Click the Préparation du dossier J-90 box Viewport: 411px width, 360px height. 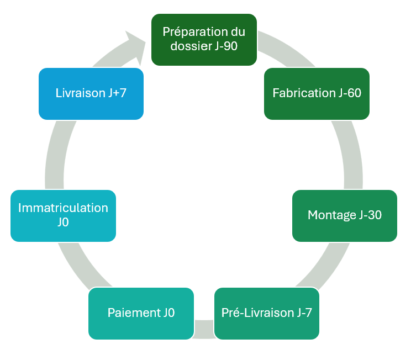[x=204, y=40]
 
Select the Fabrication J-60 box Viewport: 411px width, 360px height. [x=317, y=94]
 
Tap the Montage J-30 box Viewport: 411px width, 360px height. [x=345, y=216]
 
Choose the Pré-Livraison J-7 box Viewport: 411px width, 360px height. [x=267, y=314]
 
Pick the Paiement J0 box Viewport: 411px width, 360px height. [x=141, y=314]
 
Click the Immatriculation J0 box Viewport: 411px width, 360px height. [x=63, y=216]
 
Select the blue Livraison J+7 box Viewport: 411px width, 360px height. [x=91, y=94]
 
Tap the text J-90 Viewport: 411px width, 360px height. [x=226, y=46]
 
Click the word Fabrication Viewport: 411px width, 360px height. [x=304, y=93]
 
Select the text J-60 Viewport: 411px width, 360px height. [x=350, y=93]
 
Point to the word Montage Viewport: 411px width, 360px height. [x=332, y=216]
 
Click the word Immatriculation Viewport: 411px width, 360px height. [x=63, y=208]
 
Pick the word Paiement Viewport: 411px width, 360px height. [x=134, y=313]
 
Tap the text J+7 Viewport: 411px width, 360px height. [x=118, y=93]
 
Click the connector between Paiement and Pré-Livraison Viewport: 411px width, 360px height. [x=204, y=329]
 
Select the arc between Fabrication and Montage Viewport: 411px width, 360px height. [x=351, y=155]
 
